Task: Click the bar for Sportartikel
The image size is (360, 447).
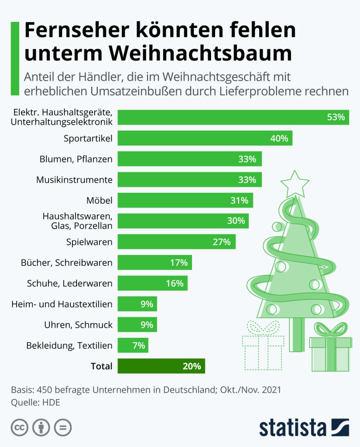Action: coord(205,139)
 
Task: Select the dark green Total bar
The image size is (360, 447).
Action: coord(161,366)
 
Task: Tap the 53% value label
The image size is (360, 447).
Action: coord(336,117)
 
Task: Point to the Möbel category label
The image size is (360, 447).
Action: coord(99,201)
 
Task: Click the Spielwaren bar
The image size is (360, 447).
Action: coord(176,242)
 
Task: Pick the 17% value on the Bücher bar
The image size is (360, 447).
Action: coord(179,263)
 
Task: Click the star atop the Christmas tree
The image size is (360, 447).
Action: coord(295,183)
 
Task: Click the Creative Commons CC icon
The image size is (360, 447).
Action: coord(20,427)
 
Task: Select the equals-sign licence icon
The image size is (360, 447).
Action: coord(63,427)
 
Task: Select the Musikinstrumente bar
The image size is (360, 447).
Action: coord(189,180)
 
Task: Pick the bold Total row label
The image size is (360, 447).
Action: coord(101,366)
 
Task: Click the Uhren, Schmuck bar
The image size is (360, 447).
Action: coord(137,325)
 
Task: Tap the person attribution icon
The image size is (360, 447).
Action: coord(41,427)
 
